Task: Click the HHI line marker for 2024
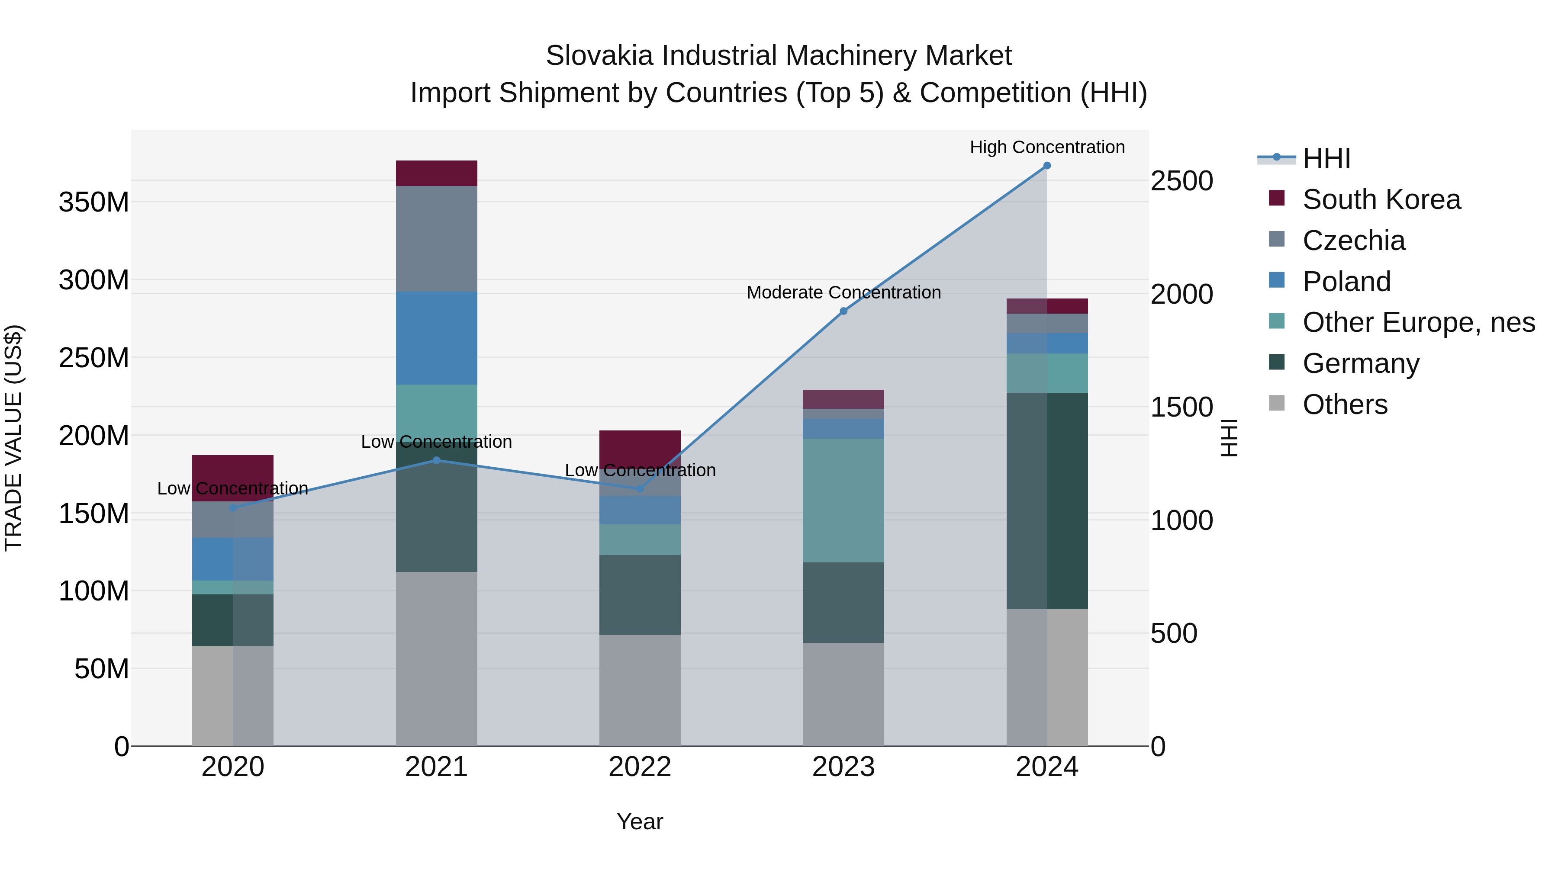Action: (x=1047, y=166)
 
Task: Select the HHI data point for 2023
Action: (x=844, y=311)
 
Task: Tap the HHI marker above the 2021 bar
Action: (x=436, y=460)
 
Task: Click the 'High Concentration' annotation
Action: (x=1047, y=147)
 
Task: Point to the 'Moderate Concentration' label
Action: (x=844, y=292)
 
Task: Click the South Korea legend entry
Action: (x=1381, y=199)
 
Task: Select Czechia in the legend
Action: (x=1354, y=241)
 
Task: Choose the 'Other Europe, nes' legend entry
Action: (x=1418, y=322)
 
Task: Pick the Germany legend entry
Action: (x=1360, y=363)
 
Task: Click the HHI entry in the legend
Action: (x=1326, y=158)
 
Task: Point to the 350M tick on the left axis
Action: (x=94, y=202)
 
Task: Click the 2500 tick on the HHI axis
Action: (x=1181, y=181)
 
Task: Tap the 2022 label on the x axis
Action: (x=640, y=767)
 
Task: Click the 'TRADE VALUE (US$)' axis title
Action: (x=14, y=438)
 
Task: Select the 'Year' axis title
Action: (x=640, y=821)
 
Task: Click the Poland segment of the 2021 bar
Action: (x=436, y=338)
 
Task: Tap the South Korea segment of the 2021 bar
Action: (x=436, y=173)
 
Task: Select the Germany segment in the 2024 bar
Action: (x=1047, y=501)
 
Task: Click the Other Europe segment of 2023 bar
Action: (x=844, y=501)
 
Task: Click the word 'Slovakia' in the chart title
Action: (x=599, y=56)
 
